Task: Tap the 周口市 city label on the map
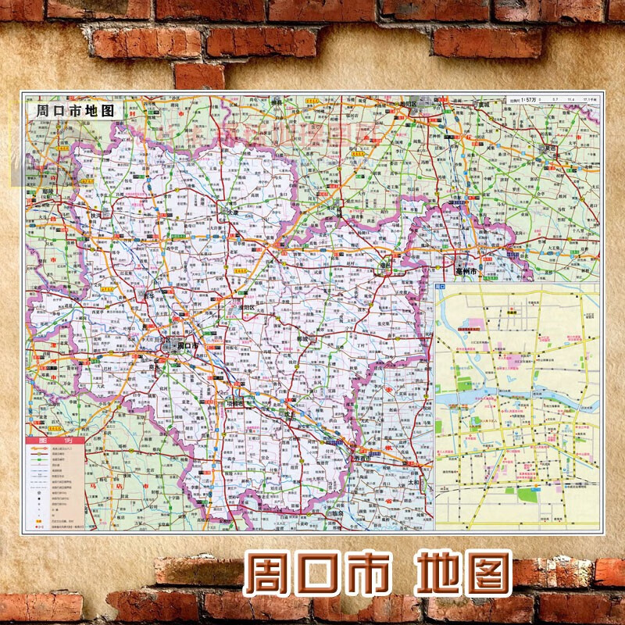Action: pos(188,344)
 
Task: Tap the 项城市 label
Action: pos(234,403)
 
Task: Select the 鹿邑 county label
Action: pos(384,266)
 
